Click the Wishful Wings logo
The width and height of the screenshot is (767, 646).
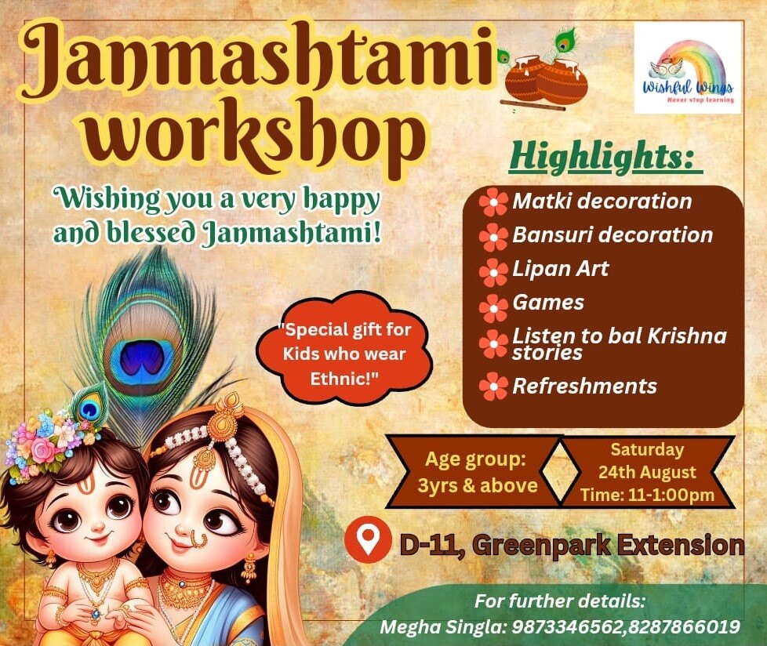pyautogui.click(x=688, y=68)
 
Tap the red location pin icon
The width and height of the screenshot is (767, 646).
pyautogui.click(x=368, y=539)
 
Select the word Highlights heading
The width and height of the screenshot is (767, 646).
pyautogui.click(x=602, y=157)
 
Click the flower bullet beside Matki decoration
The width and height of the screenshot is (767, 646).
pyautogui.click(x=493, y=202)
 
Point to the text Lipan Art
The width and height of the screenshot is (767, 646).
pyautogui.click(x=561, y=268)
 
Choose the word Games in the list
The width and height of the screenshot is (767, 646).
pyautogui.click(x=548, y=303)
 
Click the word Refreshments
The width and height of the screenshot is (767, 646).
pyautogui.click(x=584, y=387)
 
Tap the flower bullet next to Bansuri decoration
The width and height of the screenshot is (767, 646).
pyautogui.click(x=493, y=237)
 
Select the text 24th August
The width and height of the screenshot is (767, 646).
pyautogui.click(x=647, y=473)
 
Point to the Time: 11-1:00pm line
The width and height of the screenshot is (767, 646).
pyautogui.click(x=647, y=495)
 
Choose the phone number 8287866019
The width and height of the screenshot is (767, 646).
pyautogui.click(x=683, y=627)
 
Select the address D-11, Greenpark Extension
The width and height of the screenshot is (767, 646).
pyautogui.click(x=572, y=544)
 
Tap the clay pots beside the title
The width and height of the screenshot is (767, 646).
pyautogui.click(x=545, y=79)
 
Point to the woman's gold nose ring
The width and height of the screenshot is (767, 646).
pyautogui.click(x=198, y=539)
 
